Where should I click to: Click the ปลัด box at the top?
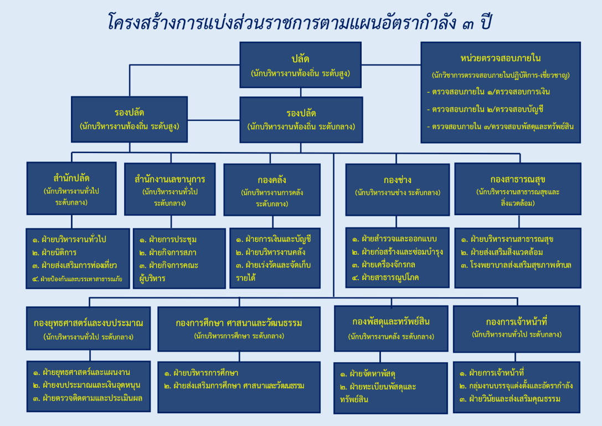300,65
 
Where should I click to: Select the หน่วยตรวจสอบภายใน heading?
500,58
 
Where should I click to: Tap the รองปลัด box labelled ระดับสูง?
130,119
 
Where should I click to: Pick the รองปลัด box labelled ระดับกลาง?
301,120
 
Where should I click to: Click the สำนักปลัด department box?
71,189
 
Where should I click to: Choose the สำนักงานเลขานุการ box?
169,189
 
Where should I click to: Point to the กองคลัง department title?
272,180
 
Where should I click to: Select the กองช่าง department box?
398,190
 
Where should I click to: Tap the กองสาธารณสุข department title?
517,179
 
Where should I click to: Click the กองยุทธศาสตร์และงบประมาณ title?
88,323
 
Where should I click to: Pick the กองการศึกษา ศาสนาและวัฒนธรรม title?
239,323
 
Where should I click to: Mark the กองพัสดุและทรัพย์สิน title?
391,321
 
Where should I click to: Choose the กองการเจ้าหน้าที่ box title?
516,321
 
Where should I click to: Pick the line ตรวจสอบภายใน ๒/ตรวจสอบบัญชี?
485,109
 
